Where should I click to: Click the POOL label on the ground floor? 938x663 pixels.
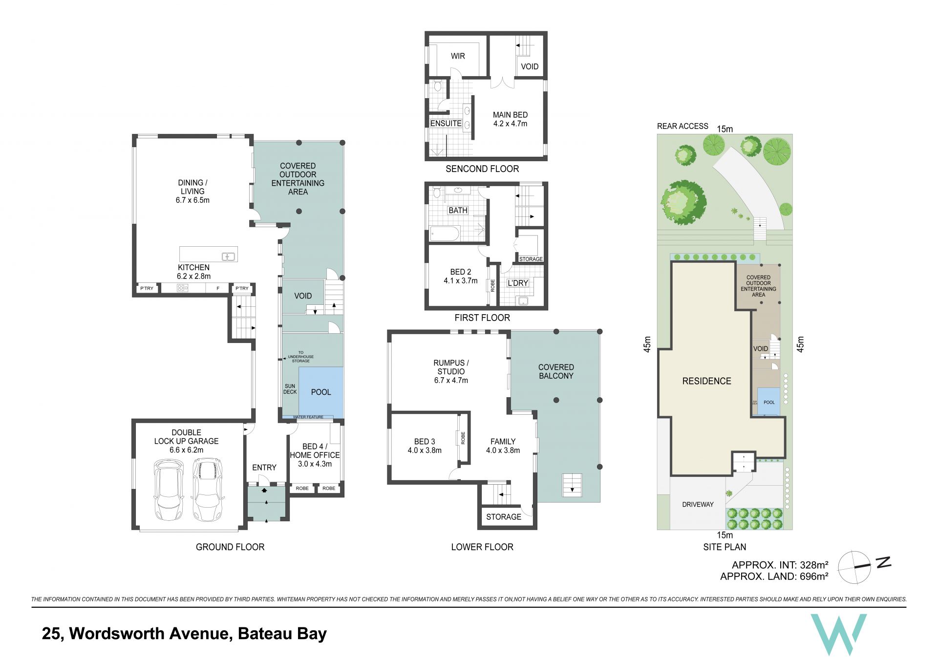pyautogui.click(x=321, y=392)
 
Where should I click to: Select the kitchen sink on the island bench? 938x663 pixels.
pyautogui.click(x=229, y=256)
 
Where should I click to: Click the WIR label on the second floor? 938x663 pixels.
pyautogui.click(x=458, y=56)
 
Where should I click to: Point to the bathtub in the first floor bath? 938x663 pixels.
pyautogui.click(x=445, y=234)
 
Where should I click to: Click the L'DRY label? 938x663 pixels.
pyautogui.click(x=518, y=283)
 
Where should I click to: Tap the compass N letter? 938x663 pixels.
pyautogui.click(x=883, y=562)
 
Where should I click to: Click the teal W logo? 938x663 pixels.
pyautogui.click(x=838, y=634)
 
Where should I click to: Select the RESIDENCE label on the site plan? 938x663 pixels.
pyautogui.click(x=706, y=381)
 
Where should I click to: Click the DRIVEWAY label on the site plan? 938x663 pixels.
pyautogui.click(x=698, y=504)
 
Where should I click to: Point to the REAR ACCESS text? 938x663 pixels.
pyautogui.click(x=682, y=126)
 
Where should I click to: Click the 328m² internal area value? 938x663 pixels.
pyautogui.click(x=814, y=565)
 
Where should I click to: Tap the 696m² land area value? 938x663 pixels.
pyautogui.click(x=814, y=577)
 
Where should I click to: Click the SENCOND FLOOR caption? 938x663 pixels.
pyautogui.click(x=482, y=169)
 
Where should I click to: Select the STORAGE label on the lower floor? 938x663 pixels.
pyautogui.click(x=504, y=517)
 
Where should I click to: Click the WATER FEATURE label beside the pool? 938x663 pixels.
pyautogui.click(x=308, y=417)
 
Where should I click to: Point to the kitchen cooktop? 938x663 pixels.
pyautogui.click(x=182, y=288)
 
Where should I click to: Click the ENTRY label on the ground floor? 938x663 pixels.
pyautogui.click(x=264, y=468)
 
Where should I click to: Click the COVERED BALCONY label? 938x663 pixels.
pyautogui.click(x=556, y=371)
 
